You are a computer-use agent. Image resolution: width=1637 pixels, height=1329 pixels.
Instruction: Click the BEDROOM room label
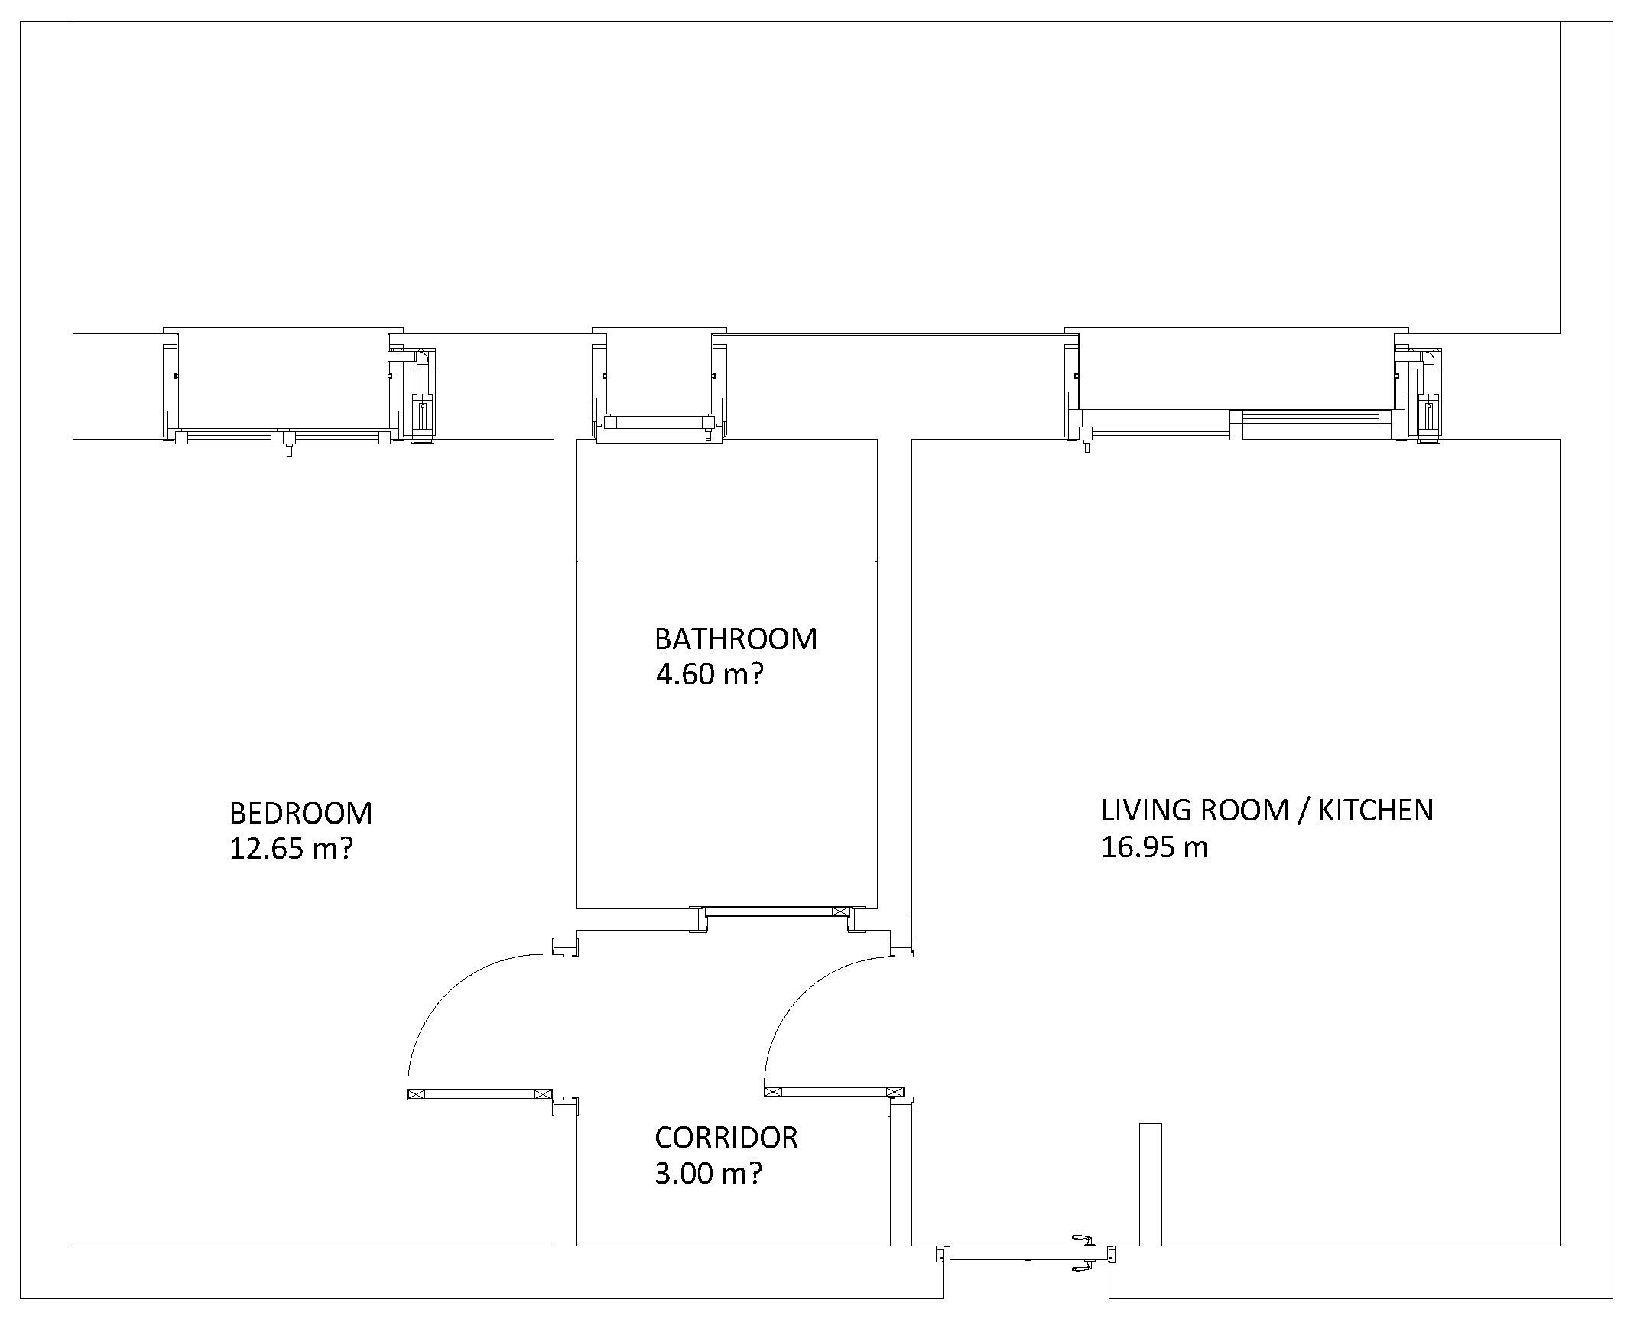point(300,813)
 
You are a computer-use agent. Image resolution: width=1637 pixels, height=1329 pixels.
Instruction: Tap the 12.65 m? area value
point(291,849)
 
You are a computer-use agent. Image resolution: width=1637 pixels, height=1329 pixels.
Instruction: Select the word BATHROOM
point(736,639)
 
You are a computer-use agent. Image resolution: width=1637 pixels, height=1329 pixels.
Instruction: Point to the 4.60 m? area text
point(710,674)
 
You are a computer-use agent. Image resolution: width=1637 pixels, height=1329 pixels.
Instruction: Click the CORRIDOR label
point(726,1138)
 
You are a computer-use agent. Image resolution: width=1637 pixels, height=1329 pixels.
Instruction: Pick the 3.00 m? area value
point(709,1174)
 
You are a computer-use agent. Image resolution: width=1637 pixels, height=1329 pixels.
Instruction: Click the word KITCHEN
point(1376,810)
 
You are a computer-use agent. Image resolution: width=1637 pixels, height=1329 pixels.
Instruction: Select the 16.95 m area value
point(1155,846)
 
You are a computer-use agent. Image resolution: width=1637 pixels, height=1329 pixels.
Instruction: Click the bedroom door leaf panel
point(480,1094)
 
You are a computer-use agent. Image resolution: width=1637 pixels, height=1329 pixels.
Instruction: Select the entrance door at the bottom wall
point(1025,1254)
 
